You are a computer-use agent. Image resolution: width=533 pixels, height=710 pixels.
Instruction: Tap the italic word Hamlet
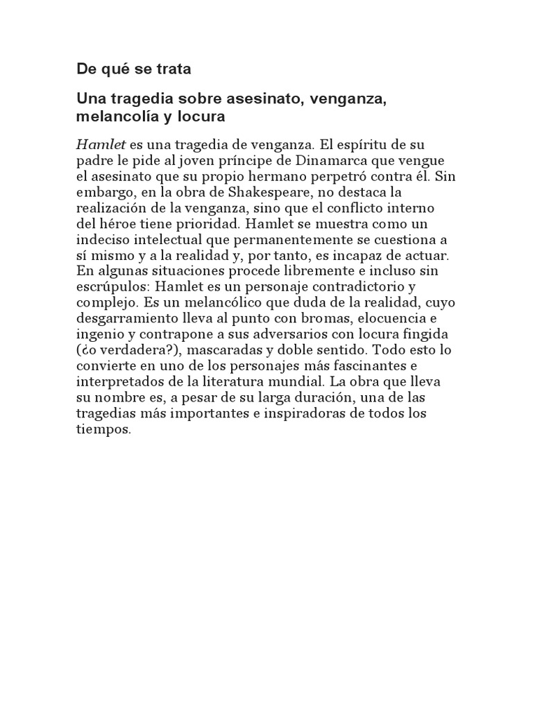tap(101, 144)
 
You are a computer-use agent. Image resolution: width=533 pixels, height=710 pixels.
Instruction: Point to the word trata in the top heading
tap(172, 69)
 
